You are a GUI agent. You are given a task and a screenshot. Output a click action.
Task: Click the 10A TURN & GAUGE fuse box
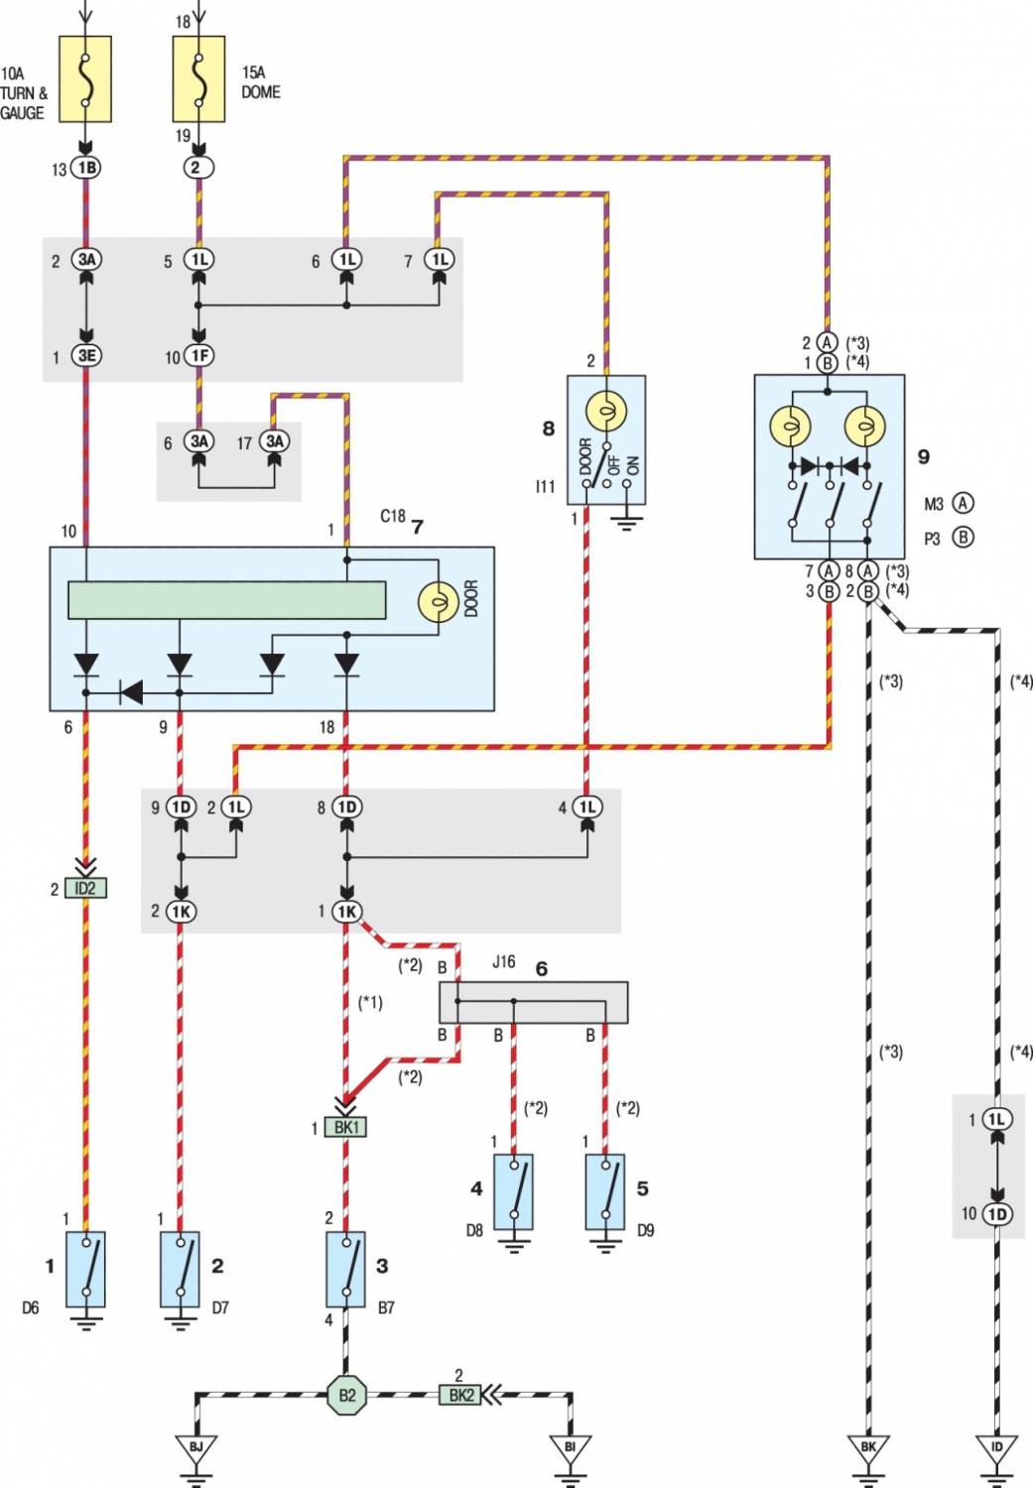(x=85, y=79)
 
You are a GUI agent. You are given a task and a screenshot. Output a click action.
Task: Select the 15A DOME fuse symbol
(x=198, y=79)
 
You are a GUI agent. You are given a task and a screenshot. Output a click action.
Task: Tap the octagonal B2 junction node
(x=346, y=1395)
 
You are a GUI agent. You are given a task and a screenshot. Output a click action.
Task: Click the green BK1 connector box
(x=345, y=1127)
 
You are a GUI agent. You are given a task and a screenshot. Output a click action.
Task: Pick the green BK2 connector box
(x=460, y=1395)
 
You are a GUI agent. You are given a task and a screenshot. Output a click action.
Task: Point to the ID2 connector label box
(x=85, y=888)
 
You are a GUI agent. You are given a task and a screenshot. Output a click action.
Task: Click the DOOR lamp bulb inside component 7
(x=439, y=601)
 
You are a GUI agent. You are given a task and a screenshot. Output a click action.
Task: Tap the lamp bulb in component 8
(x=606, y=413)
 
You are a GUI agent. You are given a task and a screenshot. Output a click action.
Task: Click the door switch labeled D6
(x=85, y=1269)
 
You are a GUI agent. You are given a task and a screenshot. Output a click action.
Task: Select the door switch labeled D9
(x=604, y=1191)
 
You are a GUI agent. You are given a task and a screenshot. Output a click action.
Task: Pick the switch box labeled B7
(x=345, y=1269)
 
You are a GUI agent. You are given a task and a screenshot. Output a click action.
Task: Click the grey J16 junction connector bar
(x=534, y=1002)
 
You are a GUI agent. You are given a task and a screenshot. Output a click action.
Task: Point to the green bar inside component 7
(x=227, y=600)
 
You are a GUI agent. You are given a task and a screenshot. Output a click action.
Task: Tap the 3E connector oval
(x=85, y=355)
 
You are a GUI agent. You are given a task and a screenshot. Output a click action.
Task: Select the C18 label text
(x=393, y=516)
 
